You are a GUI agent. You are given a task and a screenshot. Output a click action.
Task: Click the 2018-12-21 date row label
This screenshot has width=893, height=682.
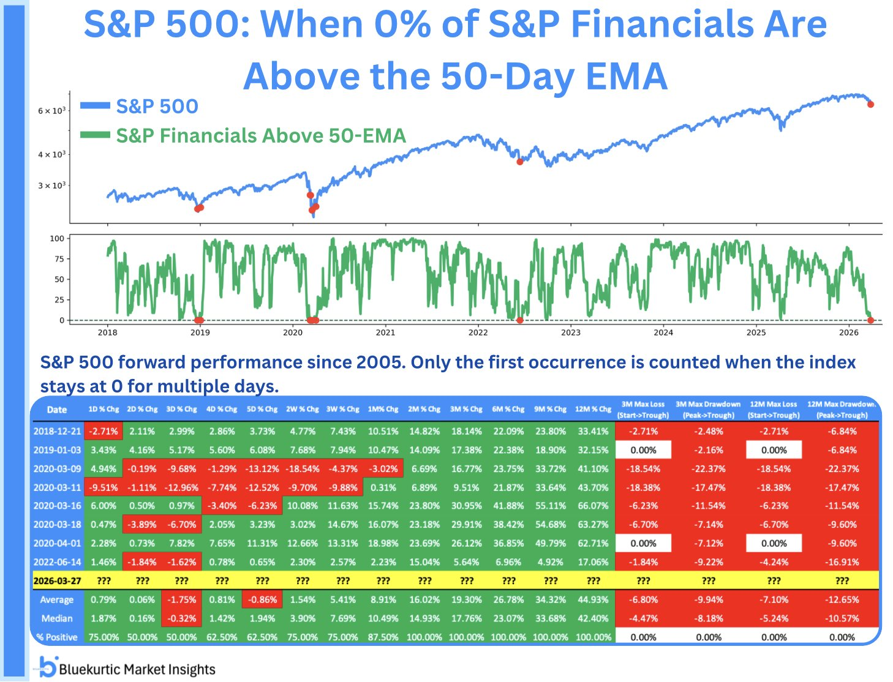click(x=57, y=431)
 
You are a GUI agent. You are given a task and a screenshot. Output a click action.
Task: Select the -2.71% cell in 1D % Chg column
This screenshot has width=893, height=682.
click(x=104, y=431)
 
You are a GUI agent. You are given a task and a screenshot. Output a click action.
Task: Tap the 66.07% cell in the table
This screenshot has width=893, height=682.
click(x=593, y=506)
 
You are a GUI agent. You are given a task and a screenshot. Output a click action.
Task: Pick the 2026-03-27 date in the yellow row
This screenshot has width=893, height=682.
click(x=57, y=580)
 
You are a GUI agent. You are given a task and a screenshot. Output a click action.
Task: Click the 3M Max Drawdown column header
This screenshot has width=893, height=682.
click(x=708, y=410)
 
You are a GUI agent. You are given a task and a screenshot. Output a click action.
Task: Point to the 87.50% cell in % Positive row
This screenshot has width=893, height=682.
click(x=383, y=637)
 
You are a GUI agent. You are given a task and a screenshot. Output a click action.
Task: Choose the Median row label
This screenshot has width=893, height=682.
click(x=57, y=618)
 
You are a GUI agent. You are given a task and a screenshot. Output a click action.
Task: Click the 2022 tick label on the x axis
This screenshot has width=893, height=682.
click(x=478, y=332)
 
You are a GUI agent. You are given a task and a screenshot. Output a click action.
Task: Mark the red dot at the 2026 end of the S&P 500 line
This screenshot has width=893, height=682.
click(x=870, y=104)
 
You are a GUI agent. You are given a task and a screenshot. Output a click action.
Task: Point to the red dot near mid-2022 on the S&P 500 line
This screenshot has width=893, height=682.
click(x=520, y=162)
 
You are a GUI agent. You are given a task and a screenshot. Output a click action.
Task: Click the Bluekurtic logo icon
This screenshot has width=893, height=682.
click(x=48, y=667)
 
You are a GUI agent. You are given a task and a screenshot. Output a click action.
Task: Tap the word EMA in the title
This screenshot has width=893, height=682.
click(x=625, y=77)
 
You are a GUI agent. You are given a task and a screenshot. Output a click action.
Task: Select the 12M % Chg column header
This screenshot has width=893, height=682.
click(x=593, y=410)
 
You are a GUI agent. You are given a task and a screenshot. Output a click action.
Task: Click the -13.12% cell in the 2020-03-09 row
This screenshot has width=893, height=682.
click(x=262, y=468)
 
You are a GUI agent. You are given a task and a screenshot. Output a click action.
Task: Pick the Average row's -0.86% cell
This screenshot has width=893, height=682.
click(x=262, y=599)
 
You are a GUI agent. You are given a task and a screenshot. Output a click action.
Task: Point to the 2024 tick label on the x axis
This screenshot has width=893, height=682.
click(x=663, y=332)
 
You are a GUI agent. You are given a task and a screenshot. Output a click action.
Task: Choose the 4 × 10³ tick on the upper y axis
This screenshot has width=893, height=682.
click(x=51, y=154)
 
